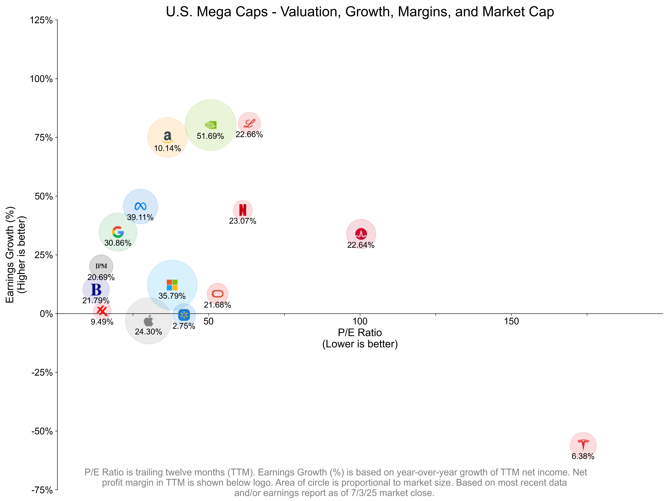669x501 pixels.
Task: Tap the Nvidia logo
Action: click(x=210, y=125)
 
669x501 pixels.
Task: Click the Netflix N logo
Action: click(x=243, y=210)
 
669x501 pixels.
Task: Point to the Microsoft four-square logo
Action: click(x=172, y=285)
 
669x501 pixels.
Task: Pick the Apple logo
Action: click(x=148, y=321)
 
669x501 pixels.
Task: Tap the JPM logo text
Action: click(x=101, y=266)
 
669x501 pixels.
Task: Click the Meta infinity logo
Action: click(x=140, y=206)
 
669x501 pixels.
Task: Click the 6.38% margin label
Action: click(x=583, y=456)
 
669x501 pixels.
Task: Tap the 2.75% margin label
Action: click(x=184, y=326)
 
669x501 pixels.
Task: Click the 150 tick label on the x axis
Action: click(x=511, y=321)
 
